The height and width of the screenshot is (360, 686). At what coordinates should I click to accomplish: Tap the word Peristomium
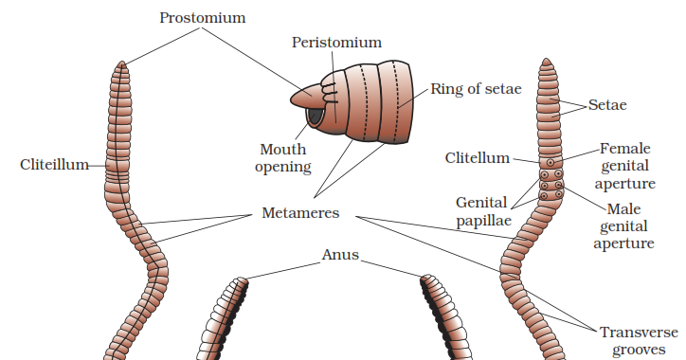tap(336, 43)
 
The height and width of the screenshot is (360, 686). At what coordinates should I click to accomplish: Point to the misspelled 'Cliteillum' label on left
tap(54, 165)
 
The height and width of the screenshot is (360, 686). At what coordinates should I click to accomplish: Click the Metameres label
tap(300, 213)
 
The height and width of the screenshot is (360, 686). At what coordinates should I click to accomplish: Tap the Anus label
tap(340, 255)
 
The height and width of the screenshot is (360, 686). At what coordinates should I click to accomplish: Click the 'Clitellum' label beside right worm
tap(478, 157)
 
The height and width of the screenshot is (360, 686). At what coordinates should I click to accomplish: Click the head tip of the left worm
tap(121, 64)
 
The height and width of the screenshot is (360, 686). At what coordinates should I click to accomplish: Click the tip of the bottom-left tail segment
tap(243, 279)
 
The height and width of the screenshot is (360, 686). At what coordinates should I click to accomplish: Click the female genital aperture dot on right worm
tap(551, 162)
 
